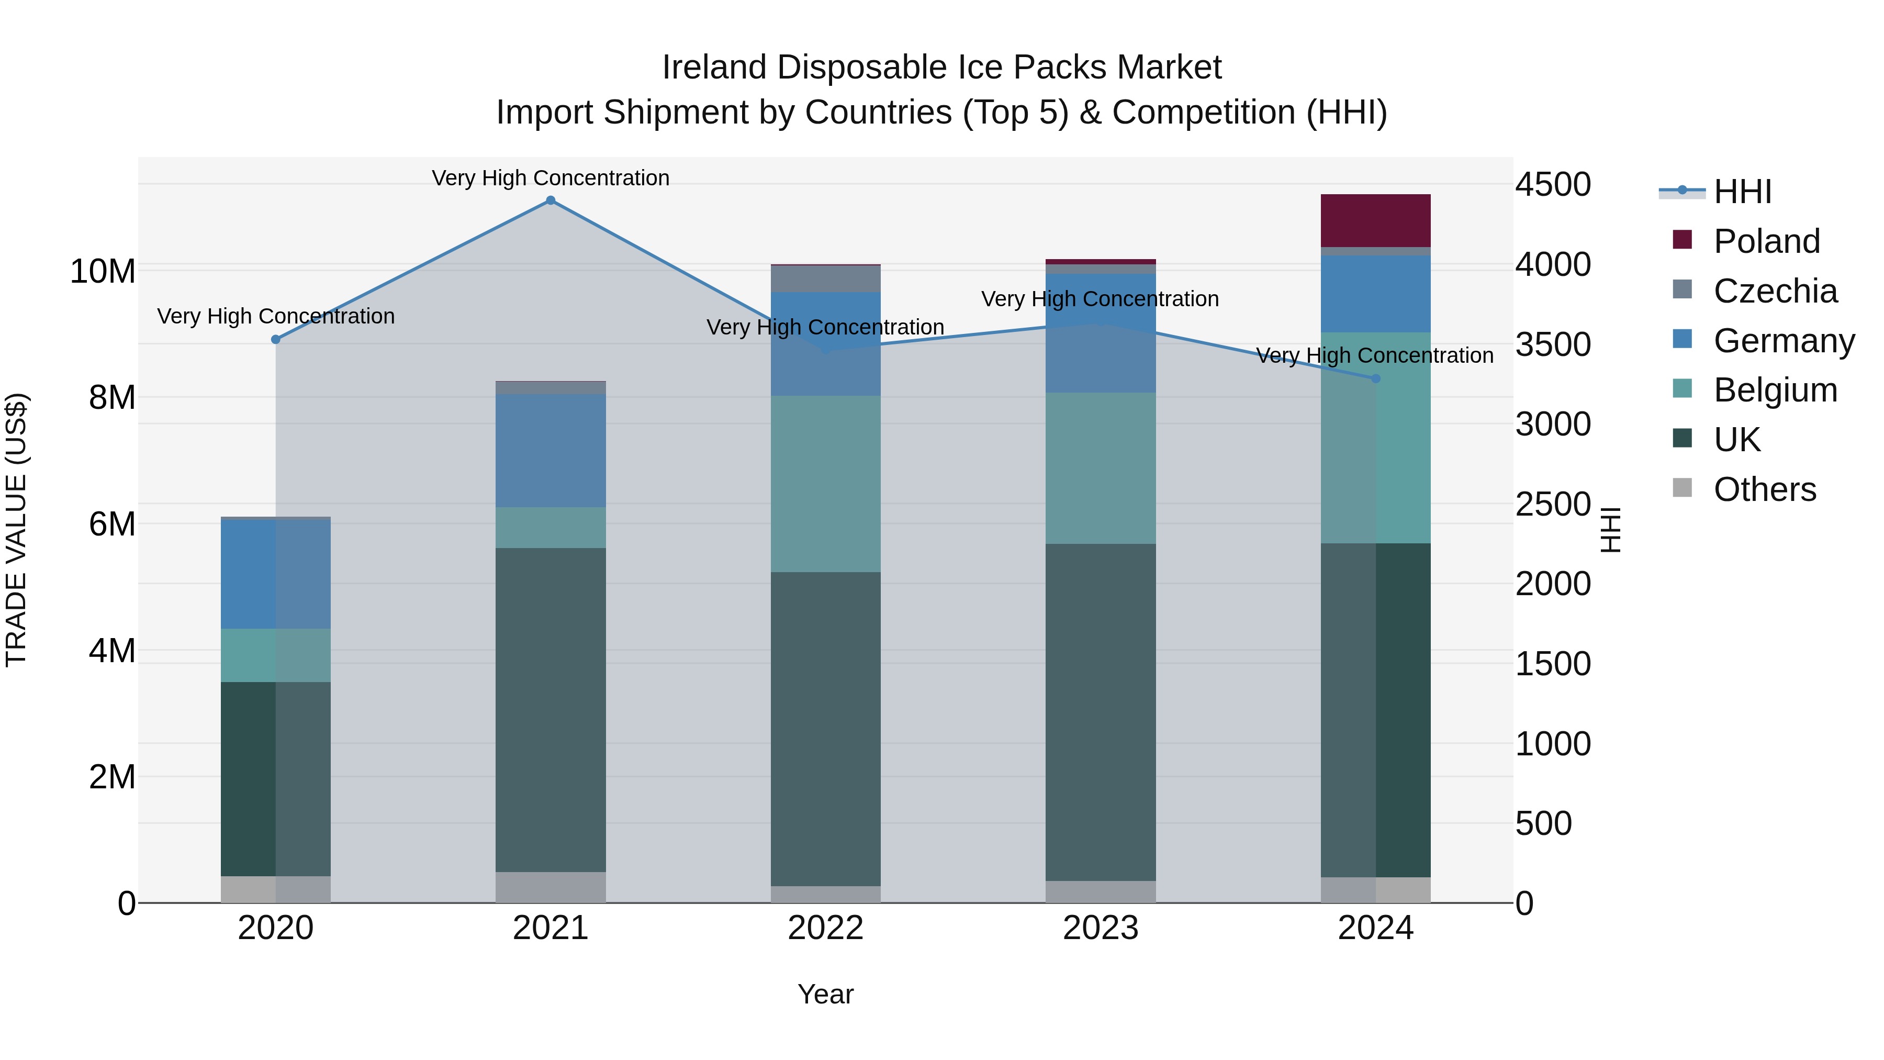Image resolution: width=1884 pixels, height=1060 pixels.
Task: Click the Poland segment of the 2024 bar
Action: pos(1375,220)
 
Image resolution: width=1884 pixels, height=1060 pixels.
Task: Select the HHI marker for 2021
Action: pos(551,200)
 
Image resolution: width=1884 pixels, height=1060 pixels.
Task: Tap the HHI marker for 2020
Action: pos(276,339)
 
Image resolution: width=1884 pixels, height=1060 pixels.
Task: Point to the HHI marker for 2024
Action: pos(1375,378)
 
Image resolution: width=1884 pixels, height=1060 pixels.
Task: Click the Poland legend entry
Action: pos(1766,241)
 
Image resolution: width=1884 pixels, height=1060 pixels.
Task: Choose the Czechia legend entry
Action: pos(1774,291)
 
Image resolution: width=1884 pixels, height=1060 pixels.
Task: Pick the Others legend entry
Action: pos(1764,489)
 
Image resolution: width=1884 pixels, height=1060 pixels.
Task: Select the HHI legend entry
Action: pos(1742,192)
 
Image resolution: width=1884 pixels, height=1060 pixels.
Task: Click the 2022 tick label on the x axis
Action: pos(826,928)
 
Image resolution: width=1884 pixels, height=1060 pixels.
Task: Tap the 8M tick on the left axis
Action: pos(112,398)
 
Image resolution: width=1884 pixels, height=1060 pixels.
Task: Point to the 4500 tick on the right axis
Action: pos(1552,184)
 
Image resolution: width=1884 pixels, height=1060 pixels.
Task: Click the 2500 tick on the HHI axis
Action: pos(1552,504)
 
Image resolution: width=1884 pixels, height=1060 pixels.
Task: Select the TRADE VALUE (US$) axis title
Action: pos(17,530)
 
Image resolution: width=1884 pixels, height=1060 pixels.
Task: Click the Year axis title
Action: pos(826,994)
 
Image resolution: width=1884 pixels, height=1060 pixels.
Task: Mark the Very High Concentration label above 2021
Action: pos(551,178)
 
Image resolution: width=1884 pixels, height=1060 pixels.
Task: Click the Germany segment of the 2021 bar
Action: pos(551,451)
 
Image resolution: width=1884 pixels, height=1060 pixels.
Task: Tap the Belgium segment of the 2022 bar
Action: pos(826,484)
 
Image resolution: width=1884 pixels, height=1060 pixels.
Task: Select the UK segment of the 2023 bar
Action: pos(1101,712)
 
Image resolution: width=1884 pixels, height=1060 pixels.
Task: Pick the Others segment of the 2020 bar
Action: pos(276,889)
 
